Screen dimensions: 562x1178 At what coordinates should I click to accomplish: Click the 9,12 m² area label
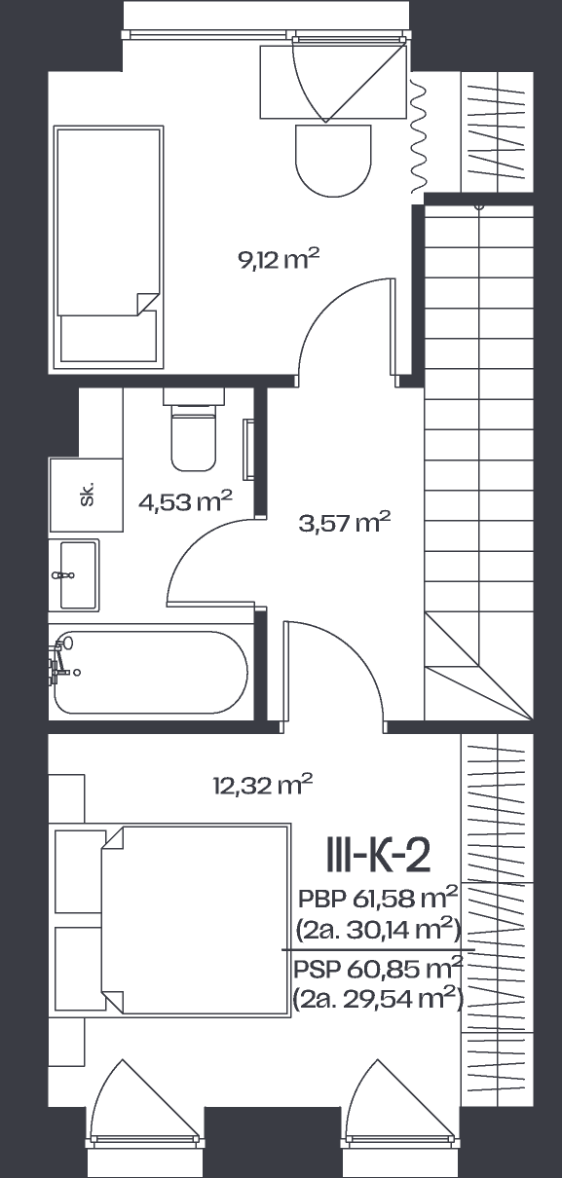[280, 259]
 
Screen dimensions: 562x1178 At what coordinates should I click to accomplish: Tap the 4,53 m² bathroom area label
[186, 501]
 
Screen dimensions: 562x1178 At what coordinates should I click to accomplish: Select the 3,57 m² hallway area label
[345, 522]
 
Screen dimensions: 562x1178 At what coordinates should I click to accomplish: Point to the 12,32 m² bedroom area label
[263, 785]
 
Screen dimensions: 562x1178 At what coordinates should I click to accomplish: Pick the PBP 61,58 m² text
[378, 898]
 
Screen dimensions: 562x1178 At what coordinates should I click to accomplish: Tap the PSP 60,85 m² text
[378, 969]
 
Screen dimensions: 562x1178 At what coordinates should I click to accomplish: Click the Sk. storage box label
[88, 494]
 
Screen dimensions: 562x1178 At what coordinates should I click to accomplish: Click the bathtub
[151, 672]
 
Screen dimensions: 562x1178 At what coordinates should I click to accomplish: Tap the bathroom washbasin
[75, 574]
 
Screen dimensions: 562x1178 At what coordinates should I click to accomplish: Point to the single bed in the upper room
[108, 247]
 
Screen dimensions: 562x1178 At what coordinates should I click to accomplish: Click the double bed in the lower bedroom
[196, 920]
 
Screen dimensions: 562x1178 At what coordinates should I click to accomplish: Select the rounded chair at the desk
[334, 161]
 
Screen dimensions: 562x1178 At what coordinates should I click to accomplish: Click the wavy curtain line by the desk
[418, 138]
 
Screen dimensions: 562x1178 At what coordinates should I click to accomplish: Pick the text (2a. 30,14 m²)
[378, 932]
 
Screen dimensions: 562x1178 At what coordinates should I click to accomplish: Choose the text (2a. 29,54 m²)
[378, 999]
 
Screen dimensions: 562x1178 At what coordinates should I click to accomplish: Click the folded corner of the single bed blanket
[147, 304]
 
